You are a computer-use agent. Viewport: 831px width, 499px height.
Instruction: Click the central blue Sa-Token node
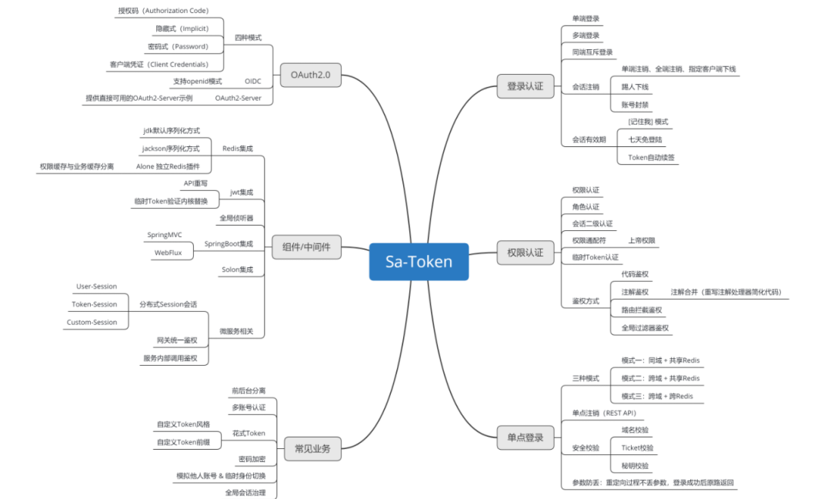pos(419,261)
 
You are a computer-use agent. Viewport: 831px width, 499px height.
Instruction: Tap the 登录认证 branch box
pos(525,86)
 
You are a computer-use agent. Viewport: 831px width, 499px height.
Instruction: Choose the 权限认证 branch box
pos(525,252)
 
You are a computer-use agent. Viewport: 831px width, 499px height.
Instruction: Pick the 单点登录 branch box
pos(525,437)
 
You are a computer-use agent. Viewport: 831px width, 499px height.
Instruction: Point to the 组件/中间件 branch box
pos(306,247)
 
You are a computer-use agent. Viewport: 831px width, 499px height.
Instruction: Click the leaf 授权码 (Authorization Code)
pos(162,11)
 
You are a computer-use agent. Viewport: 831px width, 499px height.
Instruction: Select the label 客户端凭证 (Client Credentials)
pos(159,64)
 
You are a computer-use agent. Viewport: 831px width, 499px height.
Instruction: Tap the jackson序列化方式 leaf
pos(170,148)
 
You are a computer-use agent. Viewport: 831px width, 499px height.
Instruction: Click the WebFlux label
pos(168,252)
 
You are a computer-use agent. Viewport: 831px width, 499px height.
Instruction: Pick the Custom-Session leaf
pos(92,322)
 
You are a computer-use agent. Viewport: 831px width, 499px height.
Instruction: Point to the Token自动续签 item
pos(647,157)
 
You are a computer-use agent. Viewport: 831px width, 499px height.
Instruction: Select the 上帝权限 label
pos(642,240)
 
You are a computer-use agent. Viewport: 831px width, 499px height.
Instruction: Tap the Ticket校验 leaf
pos(637,447)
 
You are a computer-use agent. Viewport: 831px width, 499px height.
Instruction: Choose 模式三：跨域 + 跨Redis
pos(657,396)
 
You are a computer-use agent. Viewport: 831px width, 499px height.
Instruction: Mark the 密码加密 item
pos(252,458)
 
